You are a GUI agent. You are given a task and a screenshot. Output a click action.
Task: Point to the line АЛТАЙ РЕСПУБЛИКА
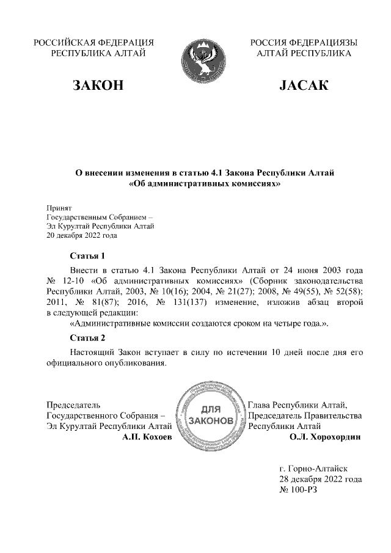point(304,54)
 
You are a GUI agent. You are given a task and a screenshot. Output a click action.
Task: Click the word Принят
point(59,208)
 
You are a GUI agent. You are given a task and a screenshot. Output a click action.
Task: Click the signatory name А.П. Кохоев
point(147,438)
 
